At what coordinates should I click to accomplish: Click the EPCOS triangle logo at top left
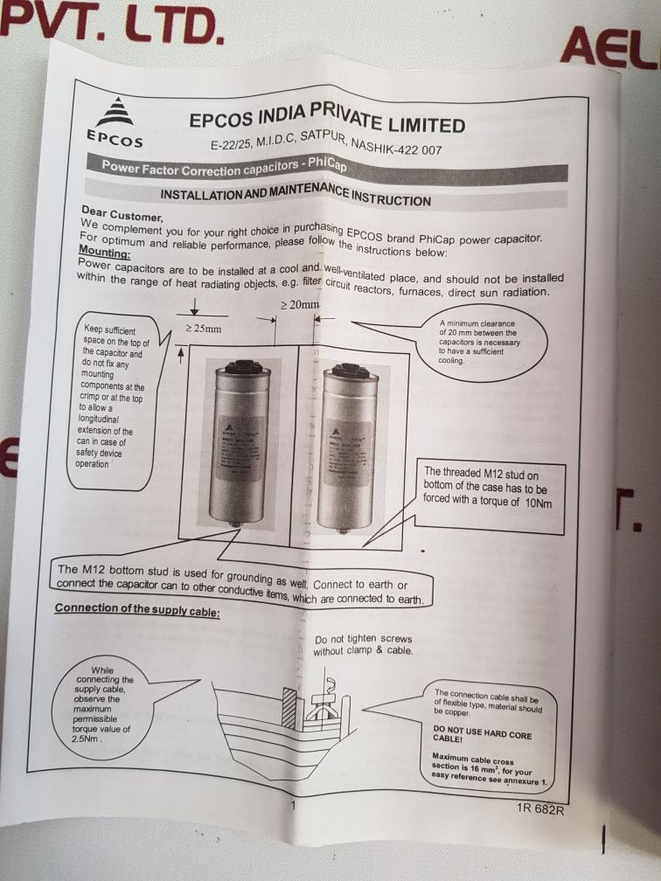[x=114, y=112]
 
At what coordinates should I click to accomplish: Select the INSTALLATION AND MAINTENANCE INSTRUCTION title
[x=296, y=194]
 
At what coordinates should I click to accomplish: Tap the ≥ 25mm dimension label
[x=203, y=330]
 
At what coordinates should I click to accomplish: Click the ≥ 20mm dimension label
[x=299, y=306]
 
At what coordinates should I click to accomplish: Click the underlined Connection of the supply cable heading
[x=137, y=608]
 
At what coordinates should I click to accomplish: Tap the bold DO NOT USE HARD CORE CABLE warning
[x=483, y=732]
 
